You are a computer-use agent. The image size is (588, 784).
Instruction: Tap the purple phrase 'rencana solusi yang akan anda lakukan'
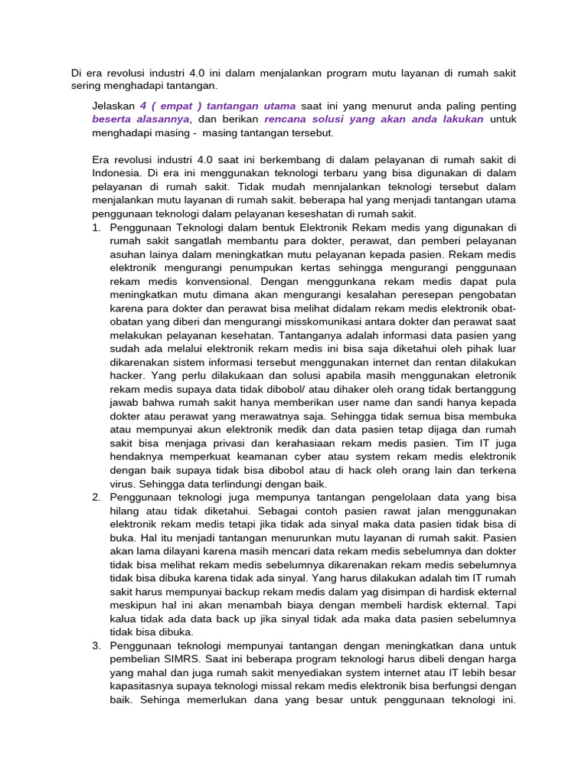(374, 119)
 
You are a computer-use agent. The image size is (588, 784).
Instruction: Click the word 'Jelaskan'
(113, 106)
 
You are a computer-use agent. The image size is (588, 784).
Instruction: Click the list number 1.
(96, 227)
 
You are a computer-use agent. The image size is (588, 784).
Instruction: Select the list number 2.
(96, 497)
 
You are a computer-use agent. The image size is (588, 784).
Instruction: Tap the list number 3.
(96, 645)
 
